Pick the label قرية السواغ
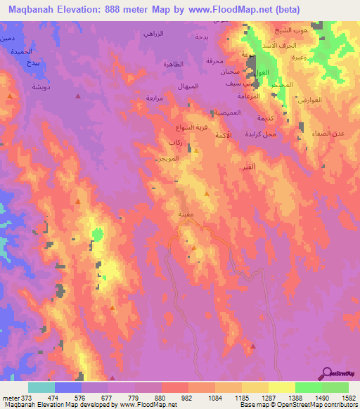pyautogui.click(x=191, y=129)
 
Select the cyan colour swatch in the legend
pyautogui.click(x=41, y=387)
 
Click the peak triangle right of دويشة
pyautogui.click(x=77, y=96)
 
